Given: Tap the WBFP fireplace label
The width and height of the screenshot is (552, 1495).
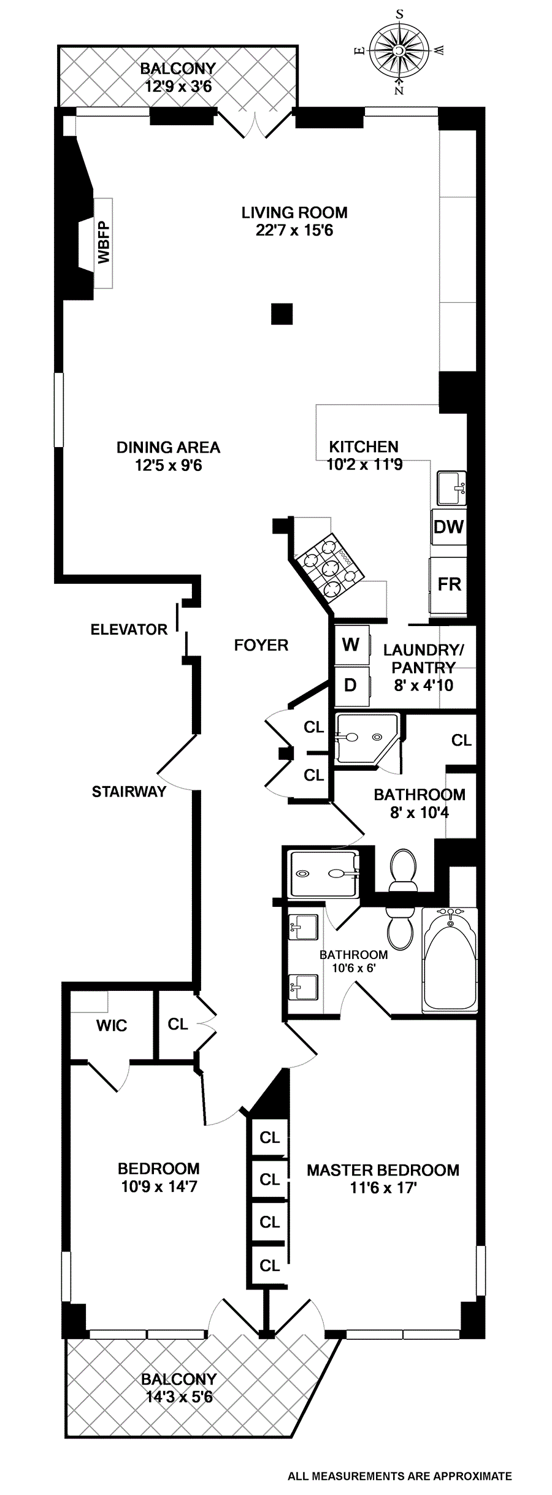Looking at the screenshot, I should [104, 243].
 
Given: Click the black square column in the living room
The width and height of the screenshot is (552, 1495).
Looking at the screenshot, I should [282, 314].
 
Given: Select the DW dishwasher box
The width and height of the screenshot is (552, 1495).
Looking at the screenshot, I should [449, 527].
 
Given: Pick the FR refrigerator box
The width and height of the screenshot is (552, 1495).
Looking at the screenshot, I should [449, 584].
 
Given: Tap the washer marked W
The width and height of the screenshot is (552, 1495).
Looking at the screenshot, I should [351, 644].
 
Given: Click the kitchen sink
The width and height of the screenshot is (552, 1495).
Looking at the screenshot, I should [451, 487].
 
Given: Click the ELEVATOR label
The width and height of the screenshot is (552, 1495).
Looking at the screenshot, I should [129, 630].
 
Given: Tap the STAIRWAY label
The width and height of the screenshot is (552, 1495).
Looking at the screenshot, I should [129, 792].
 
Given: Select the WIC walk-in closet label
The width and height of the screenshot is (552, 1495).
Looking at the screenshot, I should [112, 1025].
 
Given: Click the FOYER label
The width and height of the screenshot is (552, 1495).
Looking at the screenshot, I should [261, 645].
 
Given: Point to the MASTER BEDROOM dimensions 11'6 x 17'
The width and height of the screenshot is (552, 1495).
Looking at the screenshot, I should [383, 1188].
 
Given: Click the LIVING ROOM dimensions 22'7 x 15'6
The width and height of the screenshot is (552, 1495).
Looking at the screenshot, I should [294, 231].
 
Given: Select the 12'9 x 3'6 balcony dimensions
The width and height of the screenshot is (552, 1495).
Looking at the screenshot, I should [178, 86].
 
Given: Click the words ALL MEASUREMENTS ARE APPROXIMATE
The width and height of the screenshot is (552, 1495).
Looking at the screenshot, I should [399, 1476].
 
